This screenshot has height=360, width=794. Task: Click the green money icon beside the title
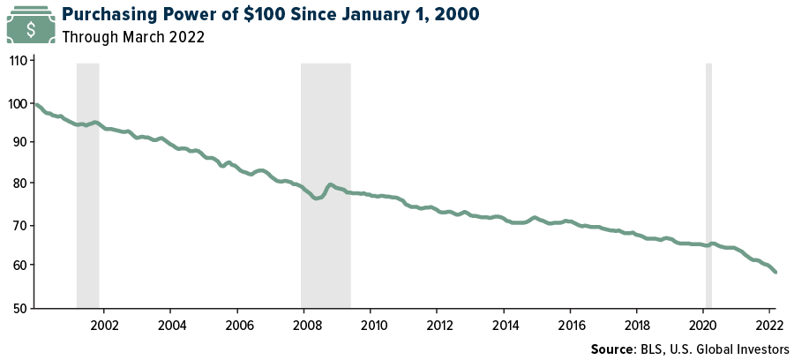pyautogui.click(x=31, y=26)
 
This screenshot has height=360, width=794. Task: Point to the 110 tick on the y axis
pyautogui.click(x=18, y=62)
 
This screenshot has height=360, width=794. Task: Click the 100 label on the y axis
pyautogui.click(x=18, y=103)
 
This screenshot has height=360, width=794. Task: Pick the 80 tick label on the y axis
pyautogui.click(x=20, y=184)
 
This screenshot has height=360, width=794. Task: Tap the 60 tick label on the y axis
pyautogui.click(x=20, y=266)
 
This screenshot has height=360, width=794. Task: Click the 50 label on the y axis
pyautogui.click(x=20, y=308)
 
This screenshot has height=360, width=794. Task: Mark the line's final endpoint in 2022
pyautogui.click(x=775, y=272)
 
